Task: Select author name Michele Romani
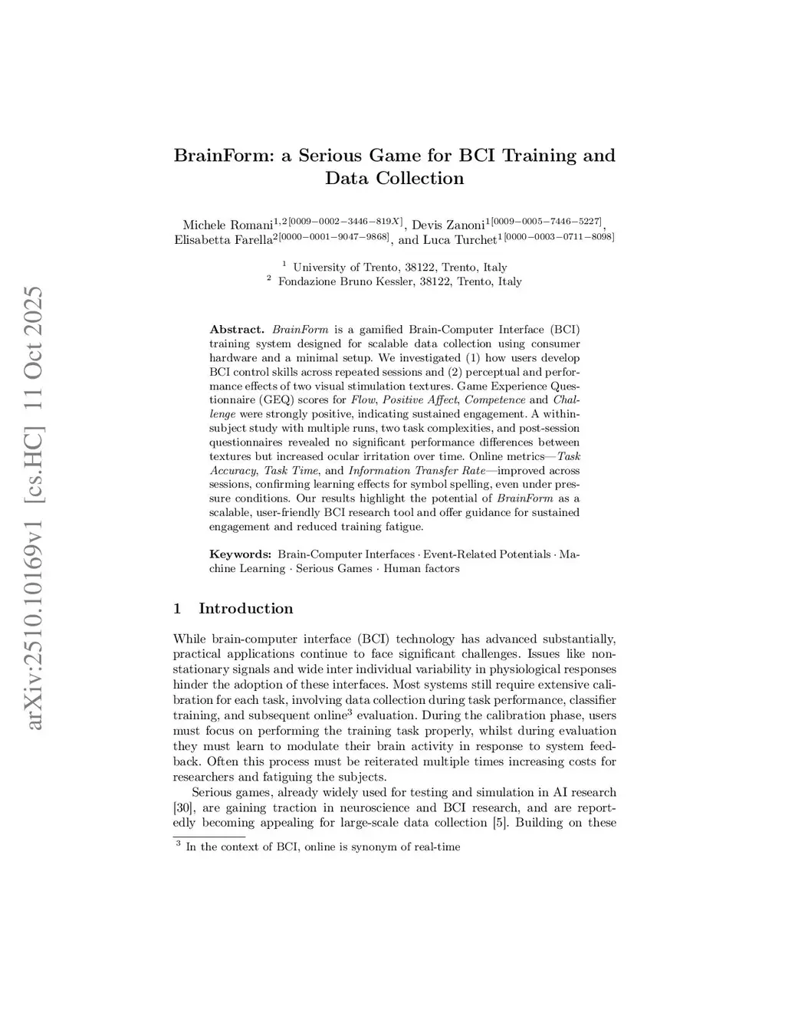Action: (x=228, y=225)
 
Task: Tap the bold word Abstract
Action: (x=237, y=330)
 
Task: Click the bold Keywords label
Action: (x=240, y=554)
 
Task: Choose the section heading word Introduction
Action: (x=245, y=609)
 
